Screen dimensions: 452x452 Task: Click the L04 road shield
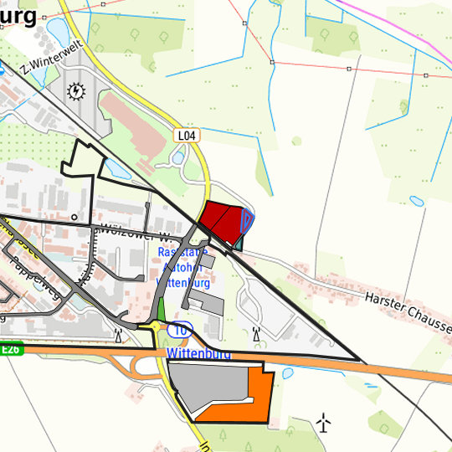pos(186,135)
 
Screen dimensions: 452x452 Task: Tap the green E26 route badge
pos(10,350)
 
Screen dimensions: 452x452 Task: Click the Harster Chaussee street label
pos(408,311)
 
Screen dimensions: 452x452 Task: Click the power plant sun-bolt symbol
pos(77,90)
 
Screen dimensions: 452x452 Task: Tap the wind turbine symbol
pos(325,423)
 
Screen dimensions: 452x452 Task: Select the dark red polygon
pos(223,220)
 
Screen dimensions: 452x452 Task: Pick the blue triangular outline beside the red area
pos(247,221)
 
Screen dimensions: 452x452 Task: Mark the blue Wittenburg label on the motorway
pos(198,354)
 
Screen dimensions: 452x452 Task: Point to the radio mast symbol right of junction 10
pos(256,334)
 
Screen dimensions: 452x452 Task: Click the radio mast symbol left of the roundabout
pos(118,336)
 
